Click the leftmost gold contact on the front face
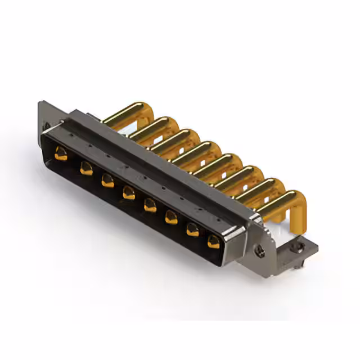click(x=61, y=153)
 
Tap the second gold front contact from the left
click(x=86, y=167)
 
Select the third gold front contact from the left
click(x=107, y=180)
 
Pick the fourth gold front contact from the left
click(x=129, y=193)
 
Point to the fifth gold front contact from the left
click(x=150, y=205)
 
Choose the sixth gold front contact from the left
click(x=171, y=217)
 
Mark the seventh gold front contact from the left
click(x=192, y=229)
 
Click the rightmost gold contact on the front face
click(x=213, y=242)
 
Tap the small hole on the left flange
click(x=47, y=125)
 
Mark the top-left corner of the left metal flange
click(x=41, y=102)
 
